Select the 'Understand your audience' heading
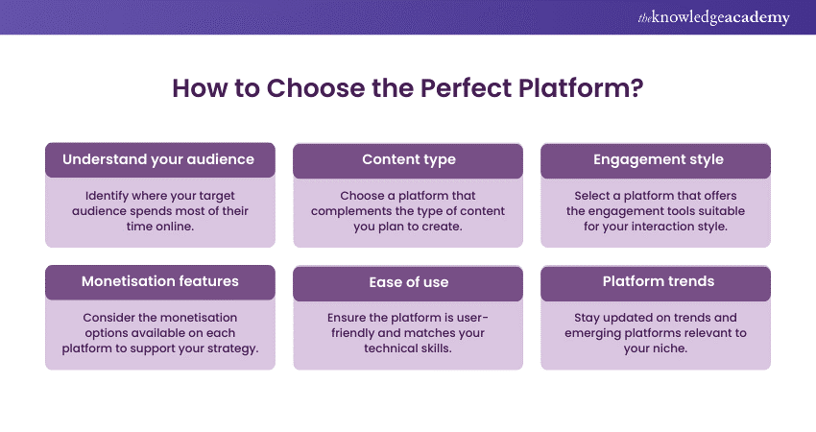click(160, 159)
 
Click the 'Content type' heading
click(408, 159)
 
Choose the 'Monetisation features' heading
click(160, 281)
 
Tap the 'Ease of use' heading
click(408, 281)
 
